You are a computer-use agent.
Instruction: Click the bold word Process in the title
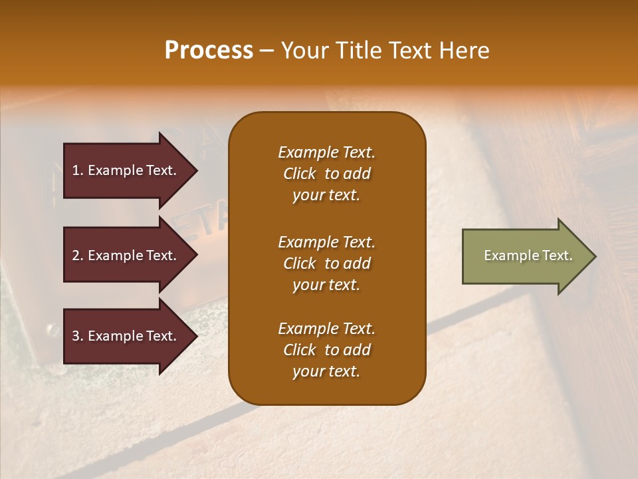[209, 51]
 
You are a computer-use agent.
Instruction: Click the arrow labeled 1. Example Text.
[125, 170]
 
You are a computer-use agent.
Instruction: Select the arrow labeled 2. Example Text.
[125, 255]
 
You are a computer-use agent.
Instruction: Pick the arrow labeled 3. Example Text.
[125, 336]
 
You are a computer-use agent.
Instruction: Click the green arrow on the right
[525, 256]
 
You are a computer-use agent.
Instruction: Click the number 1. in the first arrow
[78, 170]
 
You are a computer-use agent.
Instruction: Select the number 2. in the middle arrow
[78, 255]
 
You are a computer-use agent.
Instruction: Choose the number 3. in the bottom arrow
[78, 336]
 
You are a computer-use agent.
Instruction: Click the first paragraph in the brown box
[326, 174]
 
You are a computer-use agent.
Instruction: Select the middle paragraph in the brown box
[326, 263]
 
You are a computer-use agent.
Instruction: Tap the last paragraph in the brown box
[326, 350]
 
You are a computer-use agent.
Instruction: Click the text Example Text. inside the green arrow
[528, 255]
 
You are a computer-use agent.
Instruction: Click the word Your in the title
[302, 51]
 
